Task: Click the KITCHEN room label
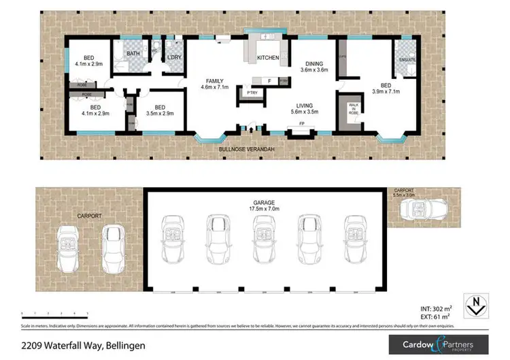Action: click(267, 58)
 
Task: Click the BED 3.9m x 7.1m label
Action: click(386, 88)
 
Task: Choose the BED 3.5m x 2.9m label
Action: click(160, 110)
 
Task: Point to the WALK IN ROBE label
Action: click(354, 109)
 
